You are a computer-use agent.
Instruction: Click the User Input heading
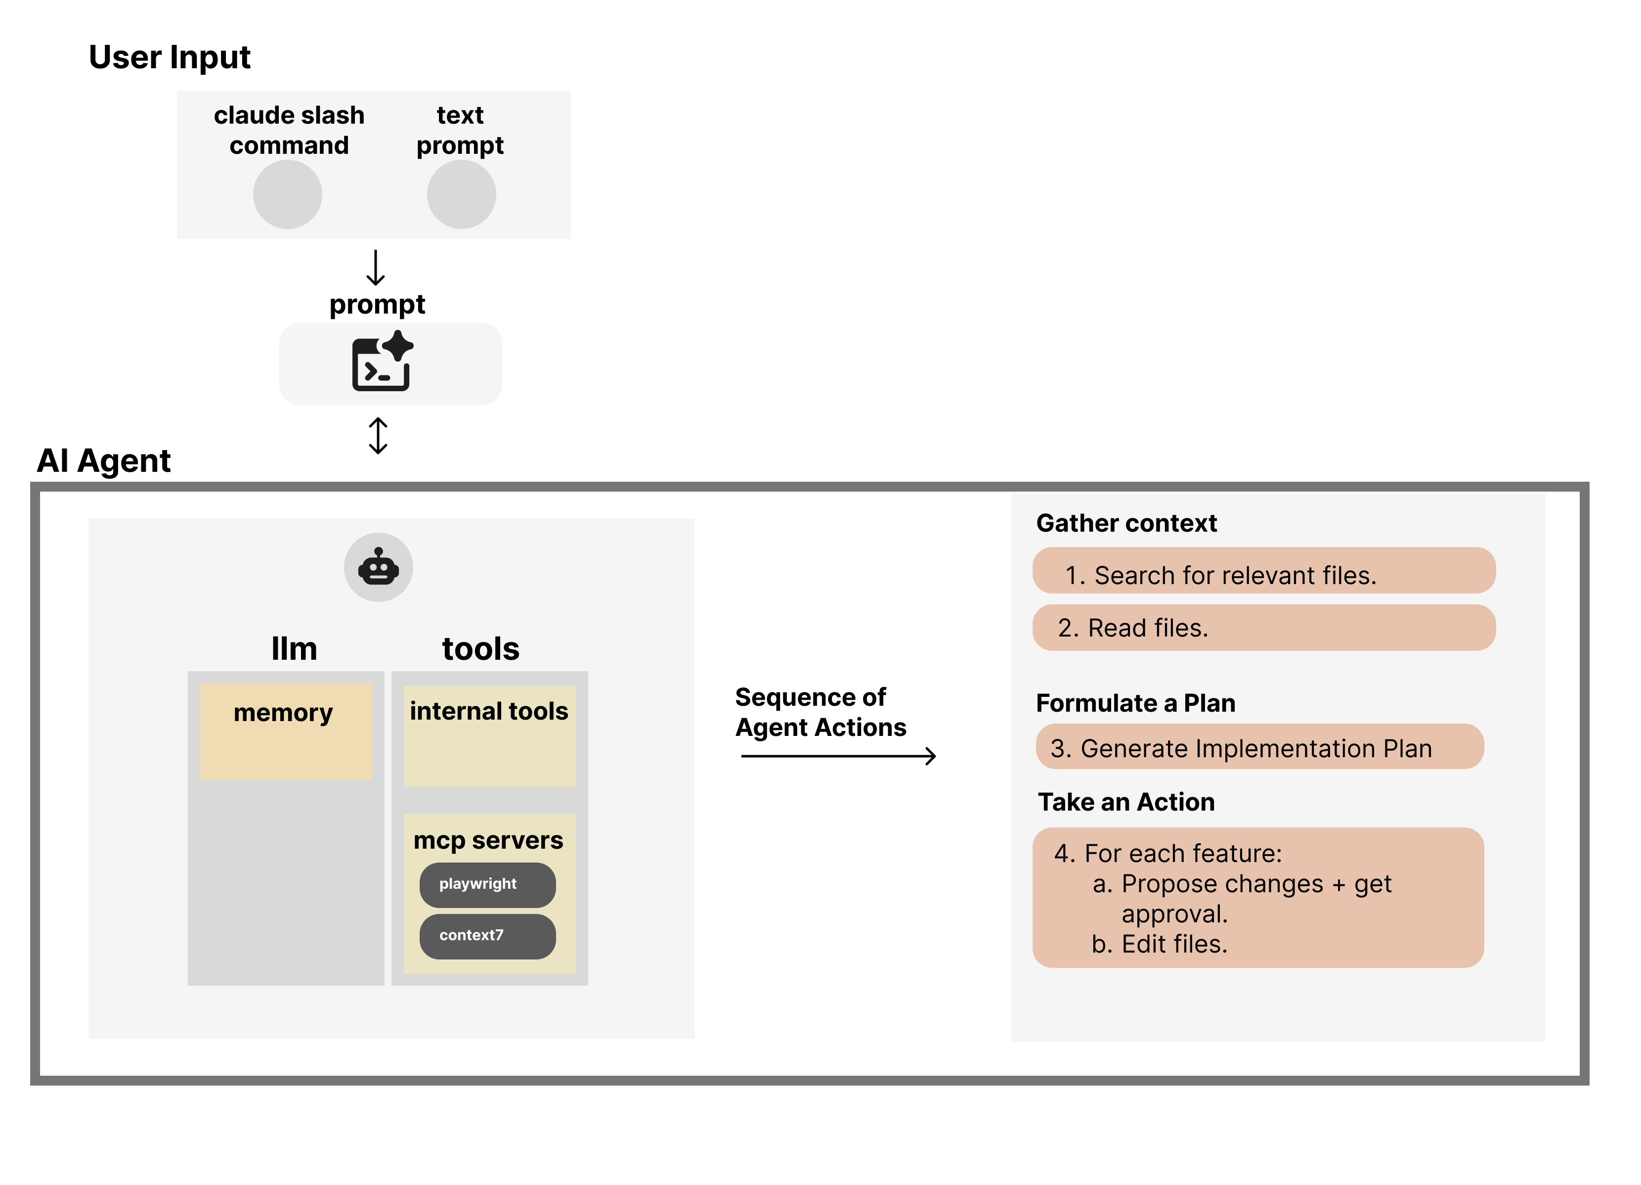[170, 57]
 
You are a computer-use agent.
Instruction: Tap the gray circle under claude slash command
[287, 194]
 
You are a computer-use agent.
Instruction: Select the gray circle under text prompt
[461, 194]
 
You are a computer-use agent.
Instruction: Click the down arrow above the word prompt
[376, 268]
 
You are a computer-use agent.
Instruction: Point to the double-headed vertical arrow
[378, 435]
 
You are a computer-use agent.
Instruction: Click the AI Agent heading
[103, 460]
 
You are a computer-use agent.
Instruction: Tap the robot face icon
[379, 567]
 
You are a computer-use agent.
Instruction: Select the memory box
[286, 731]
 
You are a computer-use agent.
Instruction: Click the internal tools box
[489, 735]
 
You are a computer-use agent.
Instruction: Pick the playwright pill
[487, 884]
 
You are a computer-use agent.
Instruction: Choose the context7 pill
[487, 935]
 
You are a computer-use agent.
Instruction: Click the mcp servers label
[488, 840]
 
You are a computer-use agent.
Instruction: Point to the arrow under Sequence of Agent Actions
[838, 756]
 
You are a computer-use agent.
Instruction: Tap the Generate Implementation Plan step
[1258, 748]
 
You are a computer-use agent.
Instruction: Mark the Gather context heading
[1126, 523]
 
